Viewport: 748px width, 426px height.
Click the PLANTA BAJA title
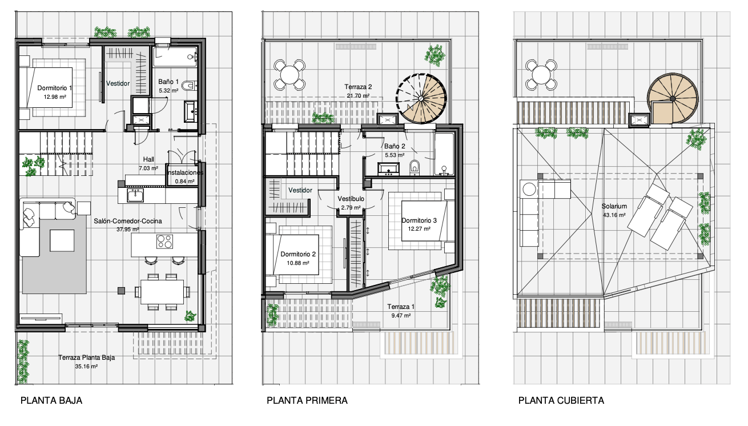pyautogui.click(x=51, y=401)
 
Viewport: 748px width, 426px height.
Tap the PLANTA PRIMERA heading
pyautogui.click(x=307, y=401)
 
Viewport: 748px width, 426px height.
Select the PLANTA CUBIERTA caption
pyautogui.click(x=561, y=401)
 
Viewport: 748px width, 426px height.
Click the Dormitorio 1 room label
pyautogui.click(x=54, y=88)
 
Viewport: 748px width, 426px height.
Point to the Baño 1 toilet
pyautogui.click(x=191, y=86)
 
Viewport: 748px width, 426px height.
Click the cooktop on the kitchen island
pyautogui.click(x=164, y=242)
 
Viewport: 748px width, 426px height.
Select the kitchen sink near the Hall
pyautogui.click(x=135, y=195)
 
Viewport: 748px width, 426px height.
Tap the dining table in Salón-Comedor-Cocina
pyautogui.click(x=162, y=292)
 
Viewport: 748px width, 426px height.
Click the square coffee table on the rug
pyautogui.click(x=62, y=240)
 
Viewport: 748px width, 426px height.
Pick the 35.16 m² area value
pyautogui.click(x=86, y=366)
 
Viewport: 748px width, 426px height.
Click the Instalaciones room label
pyautogui.click(x=185, y=172)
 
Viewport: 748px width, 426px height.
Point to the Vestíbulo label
pyautogui.click(x=351, y=199)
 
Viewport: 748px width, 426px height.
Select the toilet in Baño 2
pyautogui.click(x=415, y=167)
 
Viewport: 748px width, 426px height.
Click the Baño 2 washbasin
pyautogui.click(x=388, y=169)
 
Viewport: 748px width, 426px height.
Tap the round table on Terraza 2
pyautogui.click(x=289, y=75)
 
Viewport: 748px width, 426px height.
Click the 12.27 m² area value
pyautogui.click(x=419, y=228)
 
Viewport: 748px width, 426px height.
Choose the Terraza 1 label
pyautogui.click(x=401, y=307)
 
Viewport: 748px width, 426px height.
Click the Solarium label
pyautogui.click(x=614, y=206)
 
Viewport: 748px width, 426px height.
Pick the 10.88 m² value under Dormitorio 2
pyautogui.click(x=298, y=263)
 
